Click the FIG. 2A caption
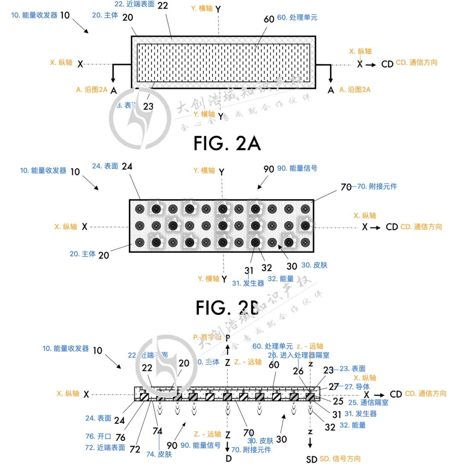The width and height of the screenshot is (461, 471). [x=227, y=143]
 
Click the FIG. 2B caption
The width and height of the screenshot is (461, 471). [x=228, y=306]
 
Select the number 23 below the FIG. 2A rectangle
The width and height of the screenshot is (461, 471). [x=148, y=106]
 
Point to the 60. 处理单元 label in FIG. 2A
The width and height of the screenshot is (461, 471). [x=298, y=18]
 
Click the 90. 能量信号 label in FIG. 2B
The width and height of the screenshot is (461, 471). [x=297, y=168]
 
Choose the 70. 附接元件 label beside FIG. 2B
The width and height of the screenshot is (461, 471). [x=372, y=186]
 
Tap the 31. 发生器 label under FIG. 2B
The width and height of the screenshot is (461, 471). [x=248, y=283]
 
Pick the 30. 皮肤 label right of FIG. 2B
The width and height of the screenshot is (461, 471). [x=314, y=265]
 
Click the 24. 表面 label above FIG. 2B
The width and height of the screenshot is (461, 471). [x=105, y=166]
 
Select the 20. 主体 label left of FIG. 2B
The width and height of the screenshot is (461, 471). [x=82, y=254]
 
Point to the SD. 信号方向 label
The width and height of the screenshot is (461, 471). [x=340, y=459]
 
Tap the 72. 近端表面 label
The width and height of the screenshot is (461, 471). [x=105, y=447]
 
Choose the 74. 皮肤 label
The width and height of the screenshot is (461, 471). [x=159, y=454]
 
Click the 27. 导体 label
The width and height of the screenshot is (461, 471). [x=354, y=386]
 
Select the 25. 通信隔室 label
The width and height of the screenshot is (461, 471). [x=368, y=403]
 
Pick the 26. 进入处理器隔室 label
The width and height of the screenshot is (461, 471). [x=298, y=355]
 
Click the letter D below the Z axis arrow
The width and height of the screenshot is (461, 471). [x=228, y=459]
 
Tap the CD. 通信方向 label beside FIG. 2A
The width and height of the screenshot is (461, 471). [x=417, y=62]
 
